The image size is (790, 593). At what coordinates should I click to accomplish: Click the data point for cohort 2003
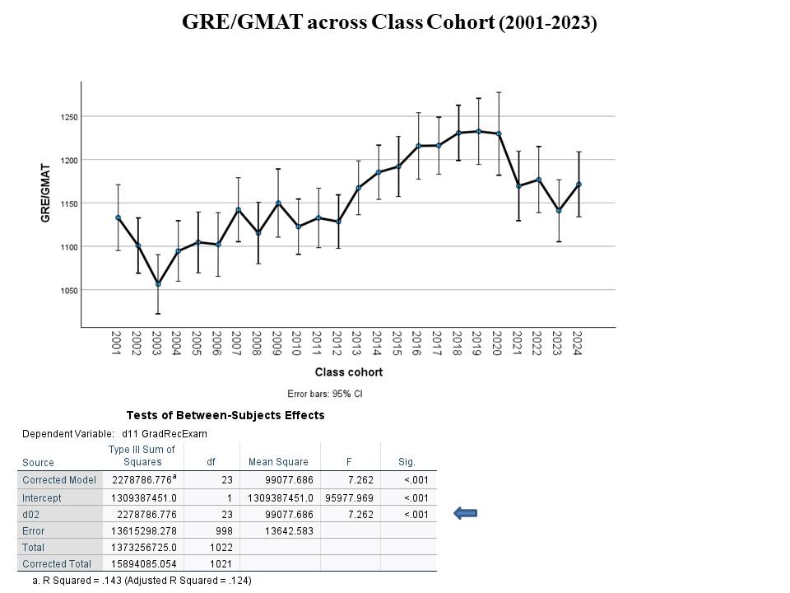click(x=158, y=284)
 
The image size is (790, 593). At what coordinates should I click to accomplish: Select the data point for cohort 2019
click(x=478, y=131)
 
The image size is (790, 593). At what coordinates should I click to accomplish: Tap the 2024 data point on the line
click(x=579, y=184)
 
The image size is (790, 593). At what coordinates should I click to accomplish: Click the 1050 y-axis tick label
click(x=67, y=291)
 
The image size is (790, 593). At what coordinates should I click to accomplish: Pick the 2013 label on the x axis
click(x=357, y=343)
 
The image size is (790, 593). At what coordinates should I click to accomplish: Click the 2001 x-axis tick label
click(x=116, y=343)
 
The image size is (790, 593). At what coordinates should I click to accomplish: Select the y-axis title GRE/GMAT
click(x=46, y=194)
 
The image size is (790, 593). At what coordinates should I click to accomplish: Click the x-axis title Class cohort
click(x=348, y=372)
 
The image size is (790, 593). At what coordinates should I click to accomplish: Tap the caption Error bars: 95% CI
click(x=325, y=394)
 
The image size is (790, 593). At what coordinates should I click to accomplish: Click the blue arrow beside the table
click(x=466, y=514)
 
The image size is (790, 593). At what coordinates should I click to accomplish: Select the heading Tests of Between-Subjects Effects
click(x=225, y=415)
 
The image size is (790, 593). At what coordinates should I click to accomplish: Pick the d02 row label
click(x=33, y=514)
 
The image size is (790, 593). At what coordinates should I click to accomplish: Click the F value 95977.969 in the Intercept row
click(x=351, y=497)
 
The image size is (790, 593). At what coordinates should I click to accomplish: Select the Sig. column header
click(x=406, y=462)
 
